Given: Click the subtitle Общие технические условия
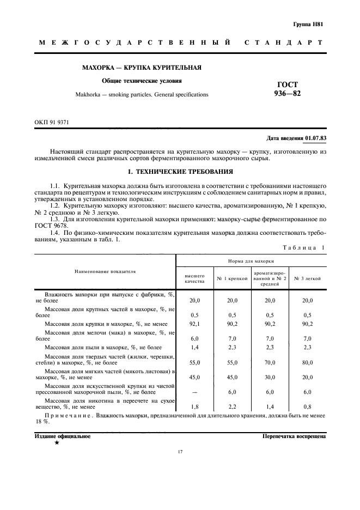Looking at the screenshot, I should point(143,81).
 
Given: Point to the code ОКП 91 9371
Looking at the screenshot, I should point(52,123).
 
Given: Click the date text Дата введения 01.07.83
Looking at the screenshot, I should point(296,138).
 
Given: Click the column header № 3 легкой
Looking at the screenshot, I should point(307,278).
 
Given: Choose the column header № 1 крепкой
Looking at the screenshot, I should point(233,278).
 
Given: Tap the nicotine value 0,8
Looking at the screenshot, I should point(307,406).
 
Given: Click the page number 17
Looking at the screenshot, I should point(180,452).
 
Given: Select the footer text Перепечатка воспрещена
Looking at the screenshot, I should point(294,436).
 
